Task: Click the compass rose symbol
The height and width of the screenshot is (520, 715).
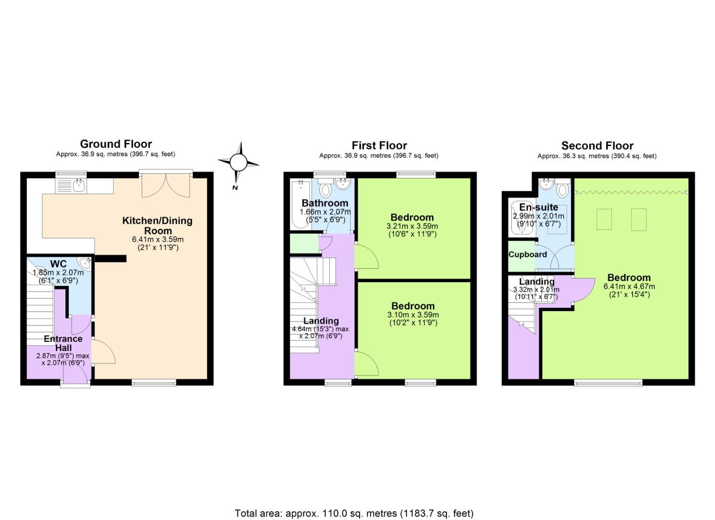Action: tap(238, 162)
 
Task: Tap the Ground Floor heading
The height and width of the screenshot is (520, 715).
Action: tap(116, 144)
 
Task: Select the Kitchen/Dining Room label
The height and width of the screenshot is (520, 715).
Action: tap(157, 225)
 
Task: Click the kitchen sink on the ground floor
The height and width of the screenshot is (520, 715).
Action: tap(71, 185)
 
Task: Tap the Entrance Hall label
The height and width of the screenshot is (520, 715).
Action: tap(63, 343)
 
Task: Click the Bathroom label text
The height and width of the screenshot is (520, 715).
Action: tap(325, 203)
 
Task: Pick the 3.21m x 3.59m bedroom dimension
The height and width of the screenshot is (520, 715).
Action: tap(412, 226)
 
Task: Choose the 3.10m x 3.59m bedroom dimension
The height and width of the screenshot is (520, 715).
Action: tap(413, 315)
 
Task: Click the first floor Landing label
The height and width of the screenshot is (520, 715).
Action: tap(321, 321)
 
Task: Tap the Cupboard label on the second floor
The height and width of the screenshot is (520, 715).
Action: tap(528, 254)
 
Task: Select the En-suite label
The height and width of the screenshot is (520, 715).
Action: tap(538, 208)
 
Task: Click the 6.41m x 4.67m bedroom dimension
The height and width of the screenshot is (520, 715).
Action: tap(629, 286)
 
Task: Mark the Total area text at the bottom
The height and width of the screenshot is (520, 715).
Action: tap(354, 513)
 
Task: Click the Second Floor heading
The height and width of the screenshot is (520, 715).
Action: tap(597, 146)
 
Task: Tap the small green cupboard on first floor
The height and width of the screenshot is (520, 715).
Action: tap(304, 244)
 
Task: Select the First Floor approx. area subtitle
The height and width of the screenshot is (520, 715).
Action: tap(378, 156)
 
